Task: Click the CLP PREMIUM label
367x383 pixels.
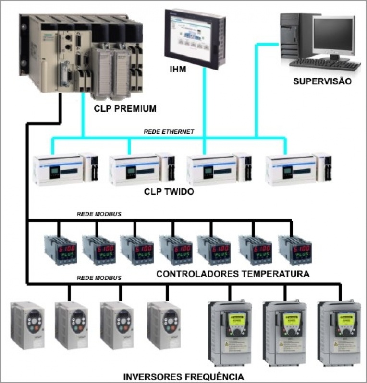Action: pyautogui.click(x=125, y=109)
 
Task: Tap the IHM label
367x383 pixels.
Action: pyautogui.click(x=178, y=70)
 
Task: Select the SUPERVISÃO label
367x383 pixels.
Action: pyautogui.click(x=322, y=81)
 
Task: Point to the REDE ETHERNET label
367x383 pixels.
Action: pyautogui.click(x=169, y=132)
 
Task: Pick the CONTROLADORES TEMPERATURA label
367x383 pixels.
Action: pyautogui.click(x=232, y=274)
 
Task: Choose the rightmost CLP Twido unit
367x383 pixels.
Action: pyautogui.click(x=298, y=169)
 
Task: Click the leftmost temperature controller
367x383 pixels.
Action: pyautogui.click(x=58, y=250)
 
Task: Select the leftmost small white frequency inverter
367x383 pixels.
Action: pyautogui.click(x=27, y=325)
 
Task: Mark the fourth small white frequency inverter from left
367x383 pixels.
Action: pyautogui.click(x=163, y=325)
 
